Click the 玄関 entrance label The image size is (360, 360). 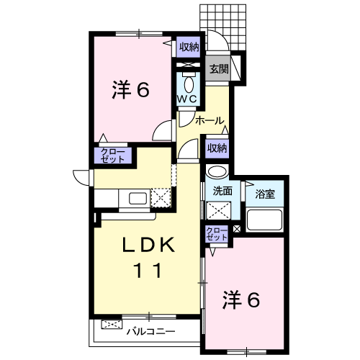click(219, 69)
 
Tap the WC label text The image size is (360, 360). click(187, 99)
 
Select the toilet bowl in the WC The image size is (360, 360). click(189, 84)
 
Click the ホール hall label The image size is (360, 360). click(210, 120)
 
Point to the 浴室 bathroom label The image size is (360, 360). click(265, 194)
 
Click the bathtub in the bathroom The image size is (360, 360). click(265, 220)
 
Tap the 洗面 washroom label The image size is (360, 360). click(222, 191)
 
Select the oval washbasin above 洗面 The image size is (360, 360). click(217, 171)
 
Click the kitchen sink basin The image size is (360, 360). click(138, 198)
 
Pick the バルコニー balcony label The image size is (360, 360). click(151, 332)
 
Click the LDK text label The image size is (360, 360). click(149, 245)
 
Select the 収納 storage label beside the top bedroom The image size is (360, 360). click(189, 47)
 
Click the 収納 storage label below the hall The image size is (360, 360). click(217, 148)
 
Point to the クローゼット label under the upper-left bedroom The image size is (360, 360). click(113, 156)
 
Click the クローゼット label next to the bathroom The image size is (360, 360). click(217, 234)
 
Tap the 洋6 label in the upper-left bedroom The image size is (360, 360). click(131, 90)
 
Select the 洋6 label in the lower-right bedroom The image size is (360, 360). click(241, 300)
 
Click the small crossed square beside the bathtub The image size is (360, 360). click(237, 228)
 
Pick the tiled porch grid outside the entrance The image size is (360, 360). click(223, 27)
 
